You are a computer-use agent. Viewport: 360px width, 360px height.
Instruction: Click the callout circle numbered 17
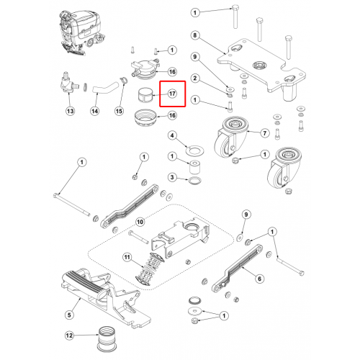click(172, 94)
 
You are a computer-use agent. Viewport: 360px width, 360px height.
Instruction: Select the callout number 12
click(69, 336)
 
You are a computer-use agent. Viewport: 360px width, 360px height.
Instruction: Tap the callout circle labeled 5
click(69, 315)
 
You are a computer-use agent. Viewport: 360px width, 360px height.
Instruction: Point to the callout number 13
click(71, 111)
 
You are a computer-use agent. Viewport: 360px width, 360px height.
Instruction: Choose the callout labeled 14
click(95, 111)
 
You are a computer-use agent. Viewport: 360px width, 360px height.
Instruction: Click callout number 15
click(119, 111)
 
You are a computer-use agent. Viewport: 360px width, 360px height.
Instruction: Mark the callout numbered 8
click(195, 35)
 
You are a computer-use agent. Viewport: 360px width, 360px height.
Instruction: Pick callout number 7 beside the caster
click(265, 133)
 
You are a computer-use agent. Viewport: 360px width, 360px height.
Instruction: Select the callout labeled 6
click(259, 279)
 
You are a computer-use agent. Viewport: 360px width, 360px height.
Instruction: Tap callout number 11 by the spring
click(127, 258)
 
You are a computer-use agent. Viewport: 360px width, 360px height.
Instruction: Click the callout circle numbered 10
click(140, 222)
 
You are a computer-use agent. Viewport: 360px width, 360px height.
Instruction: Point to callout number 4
click(172, 135)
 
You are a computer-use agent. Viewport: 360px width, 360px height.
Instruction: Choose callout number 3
click(172, 177)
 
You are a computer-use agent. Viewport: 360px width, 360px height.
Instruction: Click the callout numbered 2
click(195, 78)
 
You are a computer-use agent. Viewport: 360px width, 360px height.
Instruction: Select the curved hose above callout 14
click(106, 88)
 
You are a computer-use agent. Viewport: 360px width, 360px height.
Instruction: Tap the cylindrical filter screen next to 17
click(146, 95)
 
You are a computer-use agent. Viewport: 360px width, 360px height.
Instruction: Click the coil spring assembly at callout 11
click(150, 269)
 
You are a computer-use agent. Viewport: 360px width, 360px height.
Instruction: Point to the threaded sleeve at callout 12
click(107, 338)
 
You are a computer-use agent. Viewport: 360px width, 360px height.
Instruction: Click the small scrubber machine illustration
click(81, 32)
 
